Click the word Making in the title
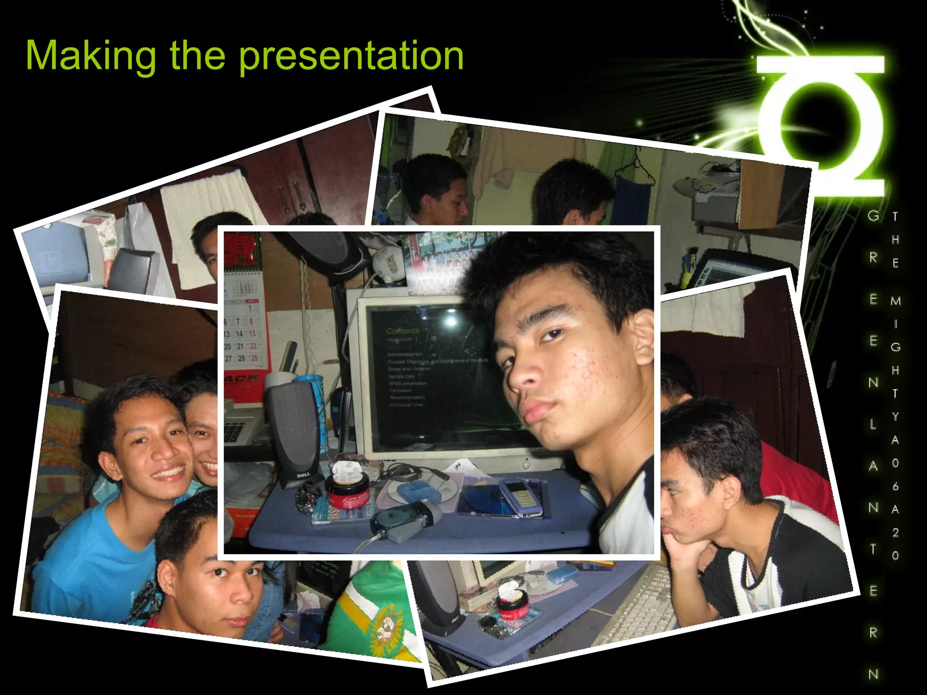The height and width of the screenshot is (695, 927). click(x=91, y=56)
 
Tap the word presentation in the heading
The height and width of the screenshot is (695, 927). click(x=351, y=56)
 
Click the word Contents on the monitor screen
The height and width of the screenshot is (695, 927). click(x=403, y=331)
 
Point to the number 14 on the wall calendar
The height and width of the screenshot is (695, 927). click(x=239, y=334)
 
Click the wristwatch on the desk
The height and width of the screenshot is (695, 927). click(x=308, y=498)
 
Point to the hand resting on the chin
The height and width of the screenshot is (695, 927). click(x=679, y=552)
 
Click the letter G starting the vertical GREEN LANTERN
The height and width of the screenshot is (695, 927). click(x=873, y=216)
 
